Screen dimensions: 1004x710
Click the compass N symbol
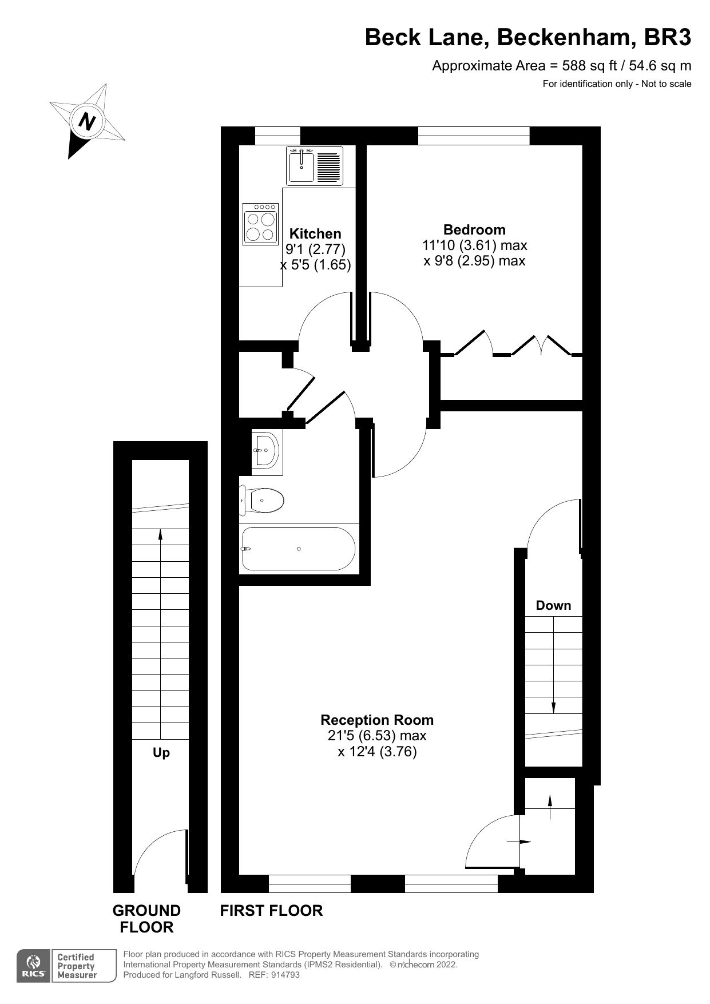pos(86,121)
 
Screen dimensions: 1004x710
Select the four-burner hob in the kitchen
pos(260,223)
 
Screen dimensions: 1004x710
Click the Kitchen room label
pos(315,233)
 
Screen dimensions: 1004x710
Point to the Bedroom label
pos(474,229)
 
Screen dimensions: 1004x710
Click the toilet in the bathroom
pos(263,501)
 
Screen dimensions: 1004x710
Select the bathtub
pos(299,549)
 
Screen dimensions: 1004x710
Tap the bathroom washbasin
pos(265,450)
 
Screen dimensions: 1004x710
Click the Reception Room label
pos(376,720)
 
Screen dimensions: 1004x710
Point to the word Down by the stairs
pos(553,605)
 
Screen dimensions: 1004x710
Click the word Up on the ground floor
pos(161,752)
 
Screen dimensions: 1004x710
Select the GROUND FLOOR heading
pos(146,918)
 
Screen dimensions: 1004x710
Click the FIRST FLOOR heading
pos(271,910)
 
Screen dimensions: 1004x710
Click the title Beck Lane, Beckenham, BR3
pos(527,37)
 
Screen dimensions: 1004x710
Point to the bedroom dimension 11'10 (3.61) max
pos(474,245)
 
